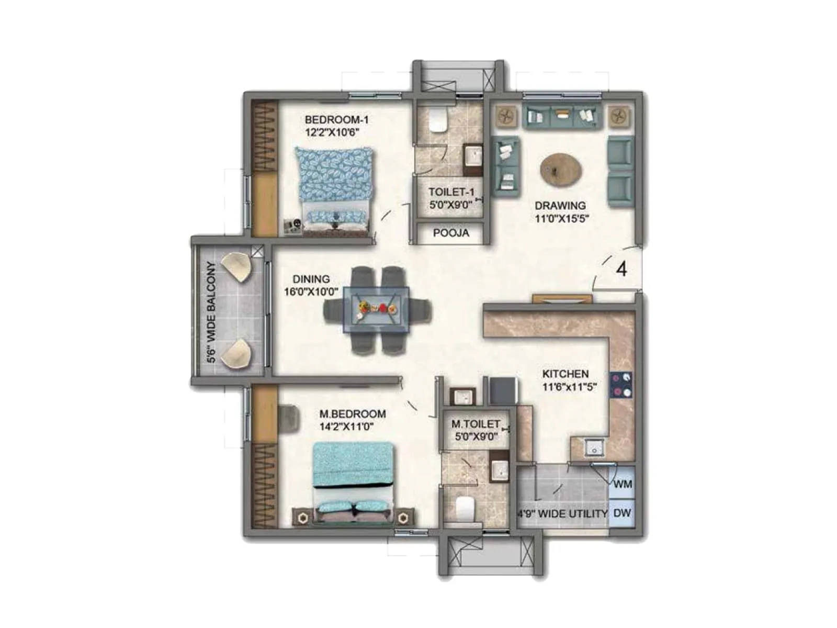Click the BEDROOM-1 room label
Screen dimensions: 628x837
click(336, 120)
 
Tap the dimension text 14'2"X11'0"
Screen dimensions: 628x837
click(346, 427)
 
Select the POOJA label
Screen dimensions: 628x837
click(451, 233)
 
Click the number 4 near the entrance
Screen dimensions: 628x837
click(621, 269)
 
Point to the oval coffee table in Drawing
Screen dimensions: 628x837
click(561, 169)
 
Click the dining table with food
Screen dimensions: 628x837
click(376, 309)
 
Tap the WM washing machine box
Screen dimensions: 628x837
click(622, 484)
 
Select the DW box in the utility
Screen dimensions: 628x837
click(622, 513)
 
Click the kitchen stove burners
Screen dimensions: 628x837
click(621, 385)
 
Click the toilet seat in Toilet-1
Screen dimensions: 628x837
click(438, 120)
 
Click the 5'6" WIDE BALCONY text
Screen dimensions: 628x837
click(211, 312)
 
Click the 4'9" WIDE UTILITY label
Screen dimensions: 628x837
click(562, 514)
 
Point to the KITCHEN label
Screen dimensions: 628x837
click(565, 374)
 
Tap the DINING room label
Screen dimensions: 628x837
click(311, 279)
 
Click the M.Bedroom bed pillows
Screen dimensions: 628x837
click(354, 507)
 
